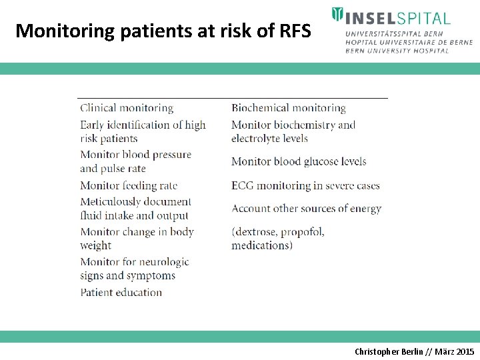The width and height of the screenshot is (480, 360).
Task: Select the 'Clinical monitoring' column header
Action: click(x=127, y=108)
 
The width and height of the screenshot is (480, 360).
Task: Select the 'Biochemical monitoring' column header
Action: click(x=289, y=108)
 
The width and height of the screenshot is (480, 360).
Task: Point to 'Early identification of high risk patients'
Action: click(x=143, y=131)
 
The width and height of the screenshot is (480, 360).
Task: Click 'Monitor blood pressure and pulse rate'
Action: click(x=135, y=161)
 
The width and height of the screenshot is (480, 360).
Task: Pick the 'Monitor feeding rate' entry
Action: click(x=129, y=185)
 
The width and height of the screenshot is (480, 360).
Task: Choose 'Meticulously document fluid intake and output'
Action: click(x=135, y=209)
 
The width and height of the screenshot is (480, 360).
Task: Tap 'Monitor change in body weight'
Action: click(x=137, y=239)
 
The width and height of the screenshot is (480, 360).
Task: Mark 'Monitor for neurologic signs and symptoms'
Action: click(x=134, y=269)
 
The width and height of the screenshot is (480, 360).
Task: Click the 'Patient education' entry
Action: click(x=121, y=292)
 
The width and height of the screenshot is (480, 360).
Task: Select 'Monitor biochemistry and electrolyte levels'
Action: click(x=293, y=131)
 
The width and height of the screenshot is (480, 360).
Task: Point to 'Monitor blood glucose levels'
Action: click(x=299, y=161)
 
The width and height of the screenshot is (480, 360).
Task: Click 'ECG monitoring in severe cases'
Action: click(x=305, y=185)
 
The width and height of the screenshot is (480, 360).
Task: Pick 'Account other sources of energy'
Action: click(x=307, y=209)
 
